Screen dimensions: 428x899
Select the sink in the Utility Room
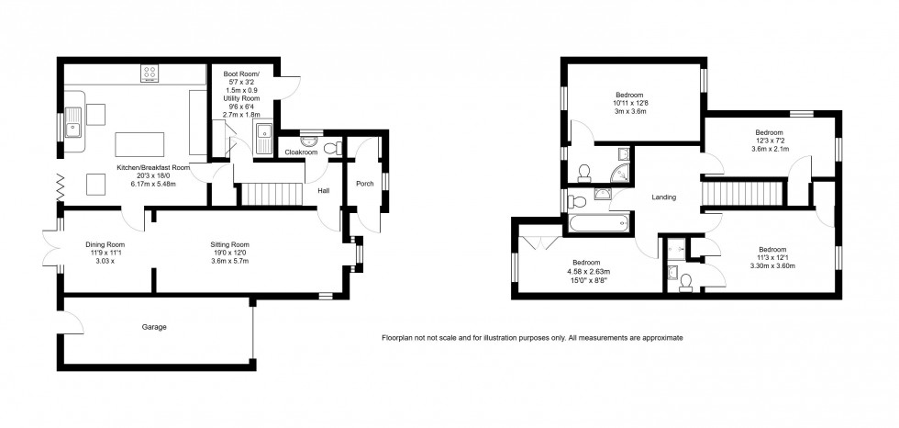(x=264, y=137)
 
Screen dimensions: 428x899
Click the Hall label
(x=323, y=191)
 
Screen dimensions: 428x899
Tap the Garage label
(x=154, y=326)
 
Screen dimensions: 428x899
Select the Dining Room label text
(x=105, y=244)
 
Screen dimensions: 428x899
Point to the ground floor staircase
(x=272, y=194)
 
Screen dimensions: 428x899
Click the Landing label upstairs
(x=663, y=196)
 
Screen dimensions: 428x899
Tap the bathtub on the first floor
(x=600, y=221)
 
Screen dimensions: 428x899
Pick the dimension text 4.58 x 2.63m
(x=586, y=272)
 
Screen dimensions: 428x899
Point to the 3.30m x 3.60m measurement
(x=771, y=266)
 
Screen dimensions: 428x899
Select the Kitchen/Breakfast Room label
(x=152, y=168)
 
